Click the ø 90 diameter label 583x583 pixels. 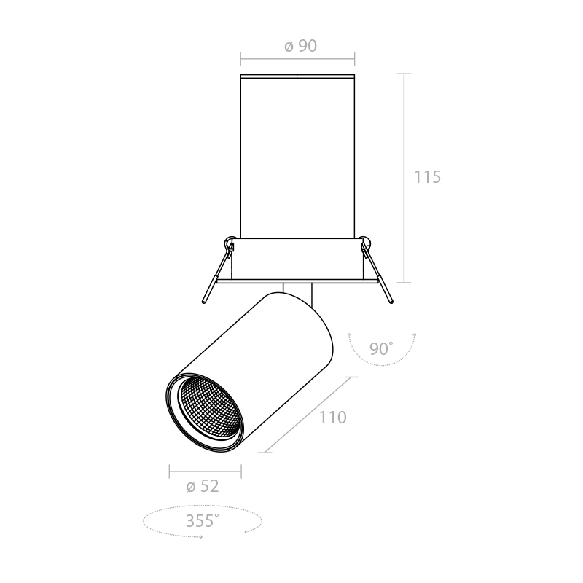(300, 46)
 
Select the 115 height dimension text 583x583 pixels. (427, 177)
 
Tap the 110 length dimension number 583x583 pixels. (333, 418)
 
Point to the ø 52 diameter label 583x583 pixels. (203, 486)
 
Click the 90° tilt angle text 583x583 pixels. (381, 349)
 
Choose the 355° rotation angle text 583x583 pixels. (202, 520)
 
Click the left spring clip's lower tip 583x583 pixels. (204, 301)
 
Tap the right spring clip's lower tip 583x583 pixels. (391, 301)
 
